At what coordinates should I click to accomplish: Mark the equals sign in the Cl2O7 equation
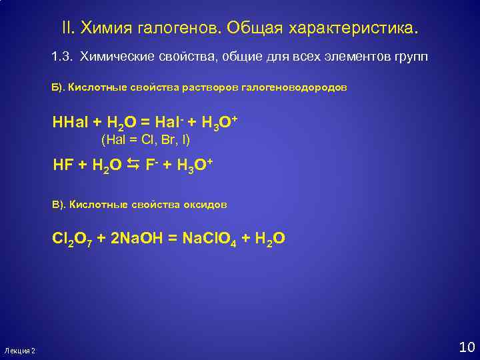point(175,238)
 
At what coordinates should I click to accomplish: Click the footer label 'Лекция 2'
point(19,351)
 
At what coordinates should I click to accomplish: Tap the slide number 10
point(466,347)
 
